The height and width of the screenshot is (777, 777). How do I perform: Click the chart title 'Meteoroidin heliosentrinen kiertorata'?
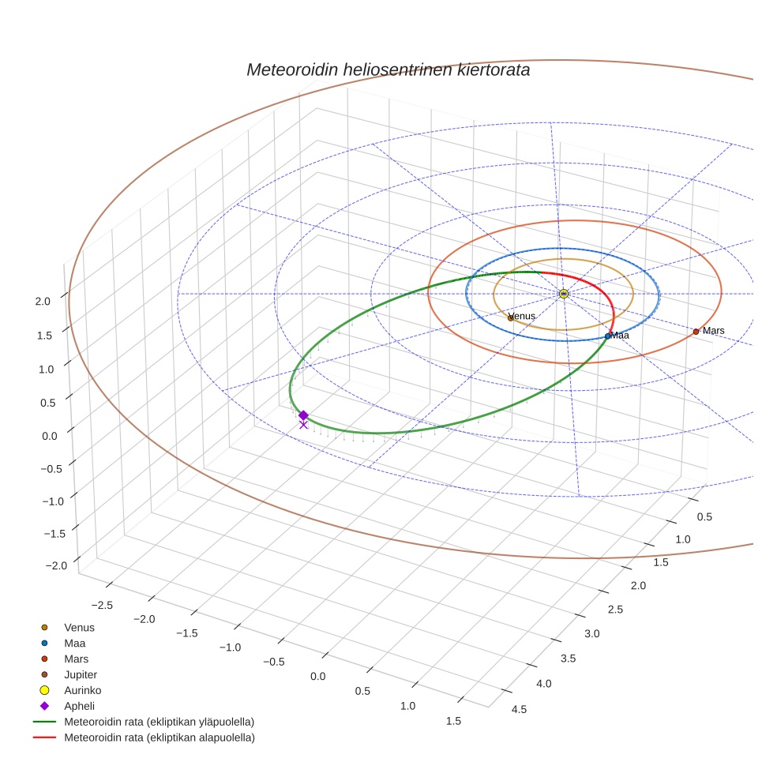(388, 69)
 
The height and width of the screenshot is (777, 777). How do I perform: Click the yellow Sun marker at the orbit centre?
(564, 294)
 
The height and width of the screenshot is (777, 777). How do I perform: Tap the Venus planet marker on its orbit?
(511, 317)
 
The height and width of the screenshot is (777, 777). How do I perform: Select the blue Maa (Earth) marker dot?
(607, 336)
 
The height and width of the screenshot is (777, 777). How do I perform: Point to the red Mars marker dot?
(696, 332)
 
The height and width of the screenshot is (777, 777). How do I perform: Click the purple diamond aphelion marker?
(303, 415)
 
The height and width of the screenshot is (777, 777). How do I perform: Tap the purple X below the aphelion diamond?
(303, 425)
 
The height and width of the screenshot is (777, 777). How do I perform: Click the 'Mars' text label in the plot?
(714, 331)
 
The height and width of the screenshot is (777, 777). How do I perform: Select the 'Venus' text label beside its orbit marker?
(524, 317)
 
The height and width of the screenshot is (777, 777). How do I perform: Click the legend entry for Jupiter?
(81, 674)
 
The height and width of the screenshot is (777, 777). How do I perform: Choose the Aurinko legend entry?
(83, 690)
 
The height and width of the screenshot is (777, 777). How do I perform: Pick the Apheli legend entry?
(78, 706)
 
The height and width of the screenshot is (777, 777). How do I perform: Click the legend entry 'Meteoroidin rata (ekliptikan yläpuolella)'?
(159, 722)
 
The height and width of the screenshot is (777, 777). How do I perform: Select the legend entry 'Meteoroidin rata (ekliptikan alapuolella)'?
(159, 738)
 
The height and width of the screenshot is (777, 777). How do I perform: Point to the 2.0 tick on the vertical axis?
(43, 301)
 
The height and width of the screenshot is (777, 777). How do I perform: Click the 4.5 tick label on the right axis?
(520, 709)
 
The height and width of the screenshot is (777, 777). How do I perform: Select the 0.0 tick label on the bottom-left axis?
(318, 677)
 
